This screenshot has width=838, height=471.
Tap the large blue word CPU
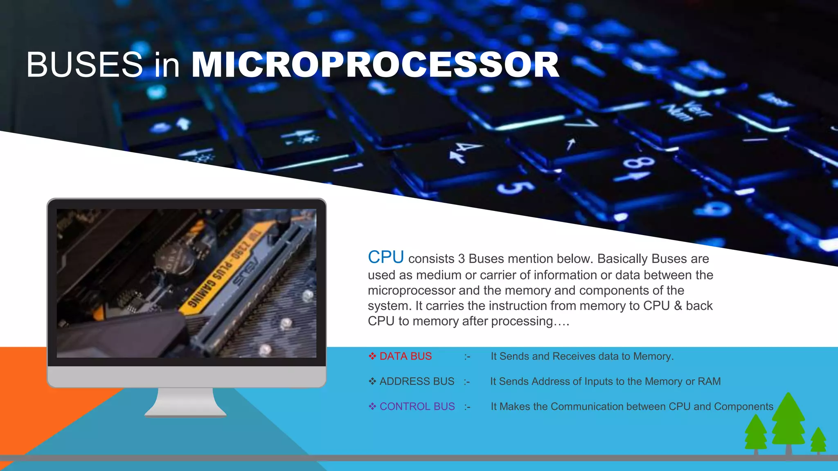pyautogui.click(x=385, y=258)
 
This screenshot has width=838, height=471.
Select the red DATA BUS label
pyautogui.click(x=405, y=357)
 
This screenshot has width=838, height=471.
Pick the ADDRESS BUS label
pyautogui.click(x=417, y=381)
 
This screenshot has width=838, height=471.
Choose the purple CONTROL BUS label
pyautogui.click(x=417, y=406)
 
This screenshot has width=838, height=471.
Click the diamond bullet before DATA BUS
pyautogui.click(x=372, y=357)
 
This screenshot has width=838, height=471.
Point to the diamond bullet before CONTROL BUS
pyautogui.click(x=372, y=406)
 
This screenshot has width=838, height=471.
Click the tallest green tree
pyautogui.click(x=788, y=421)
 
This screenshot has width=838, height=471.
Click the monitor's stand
pyautogui.click(x=185, y=403)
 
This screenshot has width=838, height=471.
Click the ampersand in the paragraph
pyautogui.click(x=678, y=306)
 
